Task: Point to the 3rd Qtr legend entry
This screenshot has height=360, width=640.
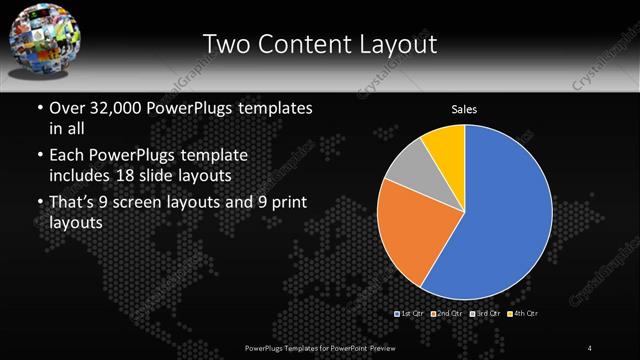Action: coord(486,314)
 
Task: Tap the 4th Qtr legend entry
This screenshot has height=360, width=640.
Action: coord(523,314)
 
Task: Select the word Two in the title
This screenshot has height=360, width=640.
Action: coord(227,44)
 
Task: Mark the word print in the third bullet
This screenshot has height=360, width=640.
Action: coord(291,205)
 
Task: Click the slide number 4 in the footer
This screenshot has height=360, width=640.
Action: coord(591,347)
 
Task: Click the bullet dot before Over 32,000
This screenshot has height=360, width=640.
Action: coord(39,108)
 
